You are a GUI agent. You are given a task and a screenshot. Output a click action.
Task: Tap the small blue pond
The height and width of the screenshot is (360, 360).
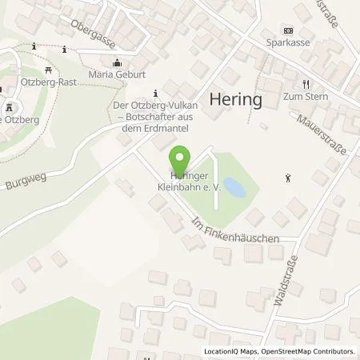coord(234,188)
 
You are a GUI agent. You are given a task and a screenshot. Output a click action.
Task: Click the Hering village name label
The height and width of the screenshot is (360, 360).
coord(236,99)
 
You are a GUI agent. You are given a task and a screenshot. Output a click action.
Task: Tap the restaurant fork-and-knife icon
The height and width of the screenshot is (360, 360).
coord(305,84)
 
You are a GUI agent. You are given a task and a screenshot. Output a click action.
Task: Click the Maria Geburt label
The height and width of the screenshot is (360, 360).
coord(117,75)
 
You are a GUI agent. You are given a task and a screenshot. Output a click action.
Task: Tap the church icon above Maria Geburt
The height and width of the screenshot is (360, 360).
coord(118,63)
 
